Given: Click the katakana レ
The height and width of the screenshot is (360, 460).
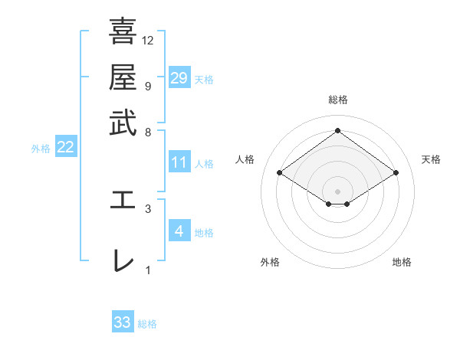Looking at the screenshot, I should click(x=123, y=260).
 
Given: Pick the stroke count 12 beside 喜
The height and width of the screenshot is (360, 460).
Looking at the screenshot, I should click(x=148, y=41).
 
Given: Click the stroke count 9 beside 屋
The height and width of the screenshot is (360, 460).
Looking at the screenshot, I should click(x=148, y=87).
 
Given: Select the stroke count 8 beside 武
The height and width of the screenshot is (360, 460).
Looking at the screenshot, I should click(x=148, y=133).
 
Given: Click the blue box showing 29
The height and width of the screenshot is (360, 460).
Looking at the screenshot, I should click(x=179, y=78).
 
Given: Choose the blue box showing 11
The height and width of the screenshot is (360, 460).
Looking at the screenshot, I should click(x=179, y=162).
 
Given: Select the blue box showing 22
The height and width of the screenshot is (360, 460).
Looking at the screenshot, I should click(x=66, y=148).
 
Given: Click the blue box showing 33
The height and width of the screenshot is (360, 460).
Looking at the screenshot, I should click(x=123, y=322).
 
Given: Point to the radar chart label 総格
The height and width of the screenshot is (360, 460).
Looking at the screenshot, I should click(x=337, y=100).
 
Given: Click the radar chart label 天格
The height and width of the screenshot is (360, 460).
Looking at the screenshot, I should click(x=432, y=159).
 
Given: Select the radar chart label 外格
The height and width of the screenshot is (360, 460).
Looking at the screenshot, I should click(x=270, y=262).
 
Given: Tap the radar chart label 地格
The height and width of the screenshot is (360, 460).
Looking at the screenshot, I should click(x=402, y=262).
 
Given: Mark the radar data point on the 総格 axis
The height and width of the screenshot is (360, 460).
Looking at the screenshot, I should click(x=337, y=131).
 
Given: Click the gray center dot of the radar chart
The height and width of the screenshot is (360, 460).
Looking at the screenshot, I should click(x=337, y=191).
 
